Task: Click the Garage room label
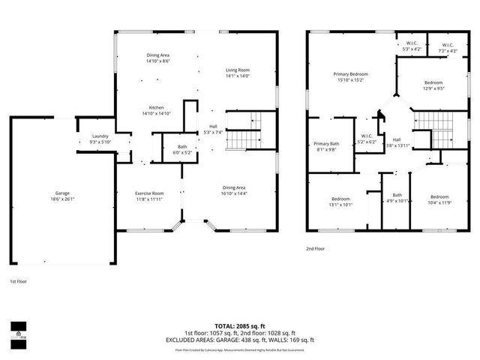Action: click(x=62, y=193)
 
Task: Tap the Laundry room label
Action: click(x=100, y=136)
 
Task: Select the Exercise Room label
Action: click(x=149, y=193)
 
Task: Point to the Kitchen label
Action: click(x=157, y=107)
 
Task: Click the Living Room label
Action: click(x=238, y=70)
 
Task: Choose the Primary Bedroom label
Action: click(x=351, y=73)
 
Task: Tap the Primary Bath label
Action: click(x=327, y=143)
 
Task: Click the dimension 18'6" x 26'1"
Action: click(x=62, y=199)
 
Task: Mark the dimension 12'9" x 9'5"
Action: click(x=433, y=88)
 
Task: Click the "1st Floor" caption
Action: click(x=19, y=281)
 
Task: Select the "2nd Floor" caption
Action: click(x=315, y=248)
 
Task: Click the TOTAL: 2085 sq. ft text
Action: click(x=240, y=326)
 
